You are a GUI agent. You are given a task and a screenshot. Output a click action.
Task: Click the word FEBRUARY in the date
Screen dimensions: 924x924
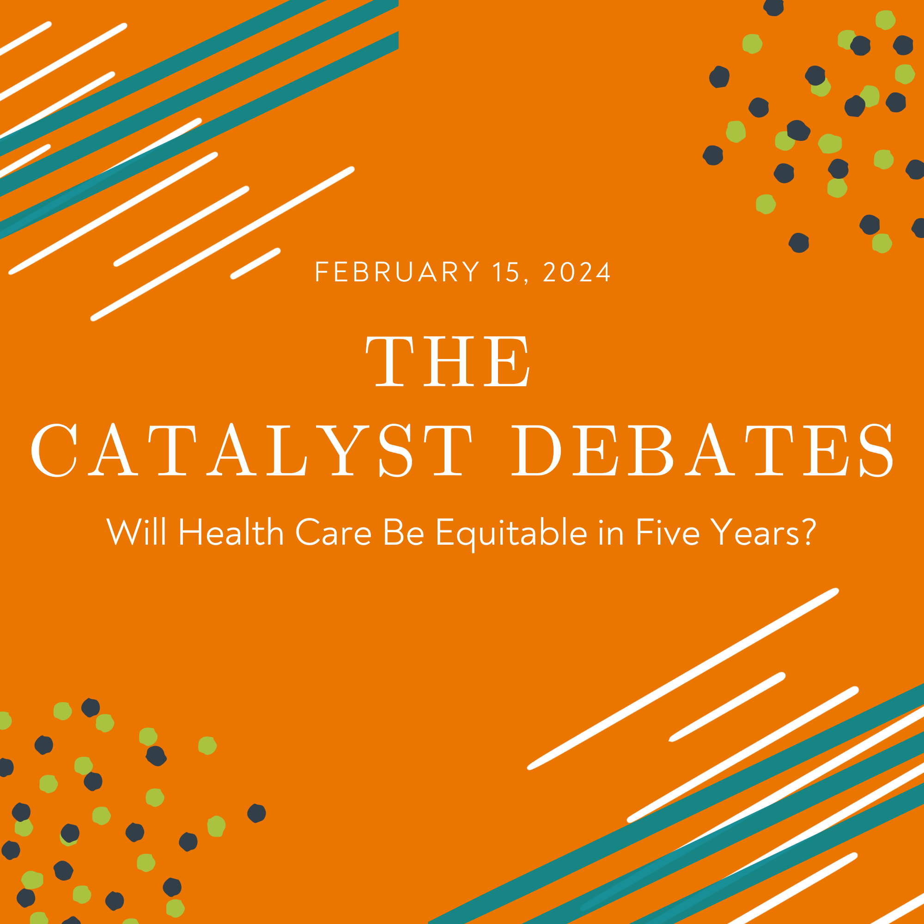pyautogui.click(x=397, y=272)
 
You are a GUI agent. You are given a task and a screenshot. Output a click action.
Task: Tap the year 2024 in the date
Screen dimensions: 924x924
pyautogui.click(x=577, y=272)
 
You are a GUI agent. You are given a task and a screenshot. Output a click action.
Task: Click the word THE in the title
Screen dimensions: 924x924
pyautogui.click(x=448, y=361)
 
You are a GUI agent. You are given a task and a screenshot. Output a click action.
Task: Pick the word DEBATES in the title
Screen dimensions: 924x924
pyautogui.click(x=702, y=450)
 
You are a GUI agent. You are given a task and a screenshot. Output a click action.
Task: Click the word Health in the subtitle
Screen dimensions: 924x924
pyautogui.click(x=231, y=531)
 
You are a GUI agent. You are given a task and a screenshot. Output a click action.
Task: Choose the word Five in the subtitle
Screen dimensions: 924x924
pyautogui.click(x=668, y=531)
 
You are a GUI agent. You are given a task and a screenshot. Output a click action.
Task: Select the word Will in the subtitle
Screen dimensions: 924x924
pyautogui.click(x=136, y=531)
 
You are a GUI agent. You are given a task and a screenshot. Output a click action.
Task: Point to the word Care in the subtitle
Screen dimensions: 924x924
pyautogui.click(x=334, y=531)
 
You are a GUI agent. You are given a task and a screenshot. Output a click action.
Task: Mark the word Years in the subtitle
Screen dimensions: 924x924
pyautogui.click(x=755, y=531)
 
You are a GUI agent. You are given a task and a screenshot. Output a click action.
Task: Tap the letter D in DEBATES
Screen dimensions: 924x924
pyautogui.click(x=536, y=450)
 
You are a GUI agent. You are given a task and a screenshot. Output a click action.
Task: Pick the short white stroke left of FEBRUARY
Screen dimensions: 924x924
pyautogui.click(x=255, y=263)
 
